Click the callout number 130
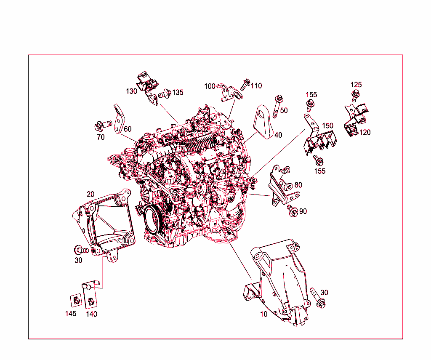[132, 91]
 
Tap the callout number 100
[210, 86]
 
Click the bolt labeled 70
[103, 125]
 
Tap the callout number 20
[90, 194]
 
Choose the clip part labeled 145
[75, 300]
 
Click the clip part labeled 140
[90, 301]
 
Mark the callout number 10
[263, 314]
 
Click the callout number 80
[298, 185]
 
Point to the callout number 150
[327, 126]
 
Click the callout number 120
[365, 132]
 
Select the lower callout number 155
[320, 171]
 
